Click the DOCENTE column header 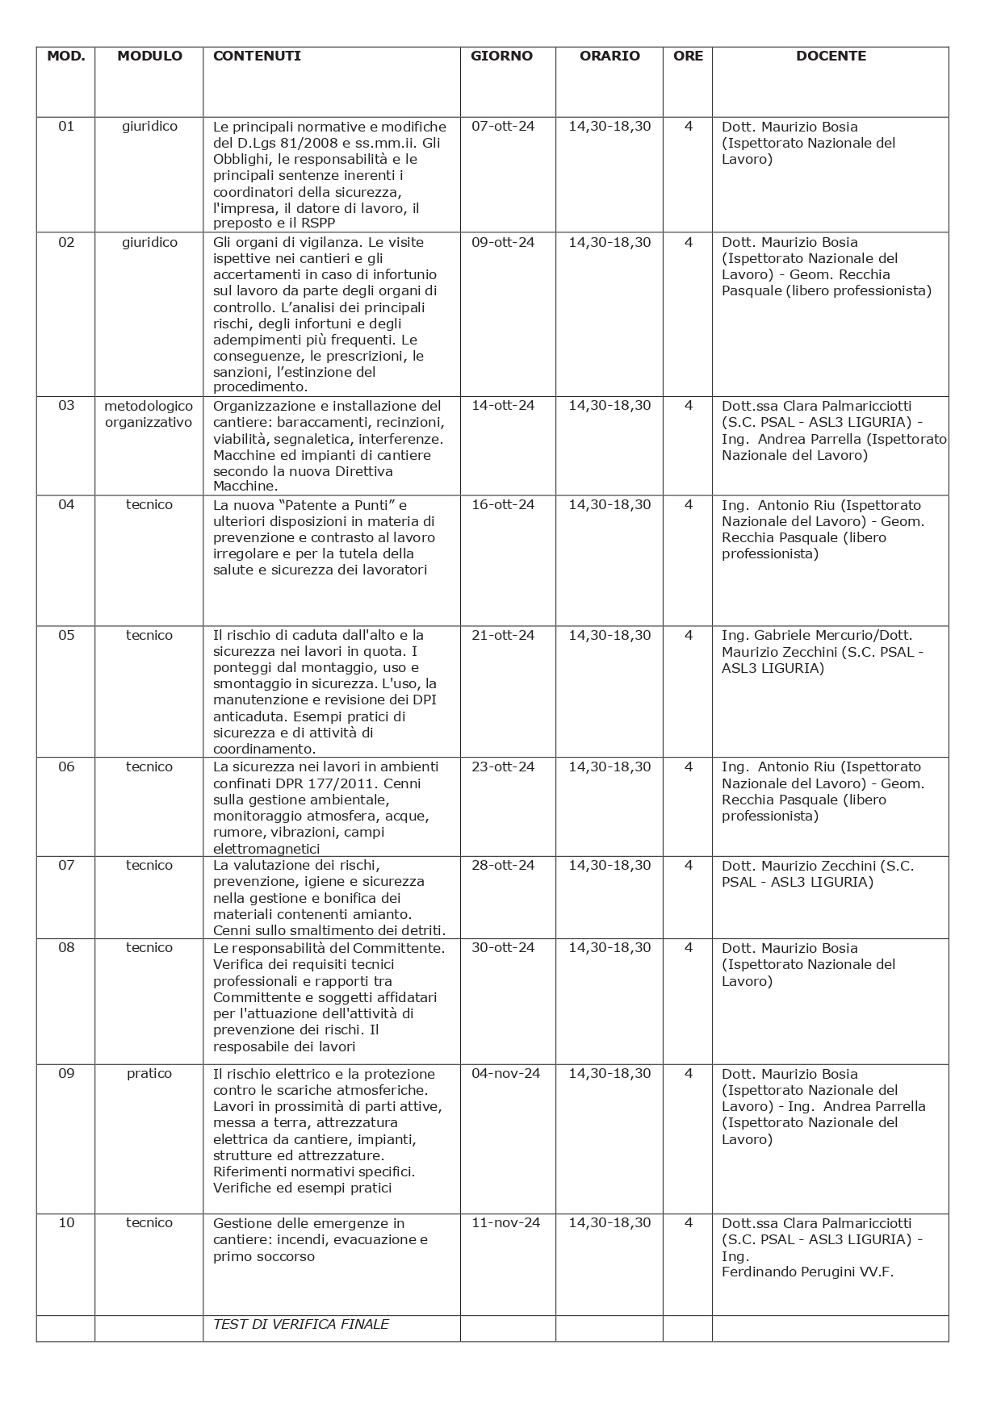830,56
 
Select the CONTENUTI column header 257,56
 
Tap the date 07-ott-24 502,127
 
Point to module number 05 66,635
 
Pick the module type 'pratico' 149,1073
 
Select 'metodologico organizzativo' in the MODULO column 149,414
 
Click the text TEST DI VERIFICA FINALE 300,1324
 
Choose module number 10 66,1222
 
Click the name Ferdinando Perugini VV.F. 807,1272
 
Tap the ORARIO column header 609,56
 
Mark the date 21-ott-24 502,635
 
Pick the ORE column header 688,56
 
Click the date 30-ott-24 502,947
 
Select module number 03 66,405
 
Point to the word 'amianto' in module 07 384,914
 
